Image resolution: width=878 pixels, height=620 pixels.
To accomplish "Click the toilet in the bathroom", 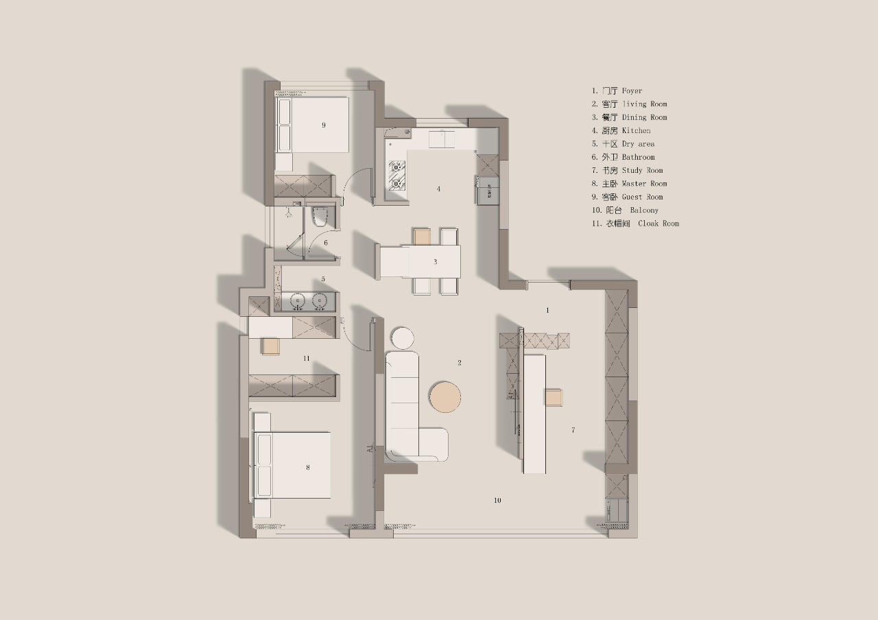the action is pyautogui.click(x=320, y=217).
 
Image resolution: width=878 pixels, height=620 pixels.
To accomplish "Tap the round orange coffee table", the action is pyautogui.click(x=445, y=396).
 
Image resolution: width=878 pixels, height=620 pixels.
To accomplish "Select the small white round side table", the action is pyautogui.click(x=402, y=338).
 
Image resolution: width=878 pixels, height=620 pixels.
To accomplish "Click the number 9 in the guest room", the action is pyautogui.click(x=323, y=125).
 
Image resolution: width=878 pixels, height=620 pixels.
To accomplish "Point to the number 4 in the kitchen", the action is pyautogui.click(x=438, y=189).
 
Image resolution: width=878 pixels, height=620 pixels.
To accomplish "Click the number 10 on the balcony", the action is pyautogui.click(x=497, y=500).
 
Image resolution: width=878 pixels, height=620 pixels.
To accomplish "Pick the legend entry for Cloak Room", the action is pyautogui.click(x=635, y=224).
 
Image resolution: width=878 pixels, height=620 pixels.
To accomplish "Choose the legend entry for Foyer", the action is pyautogui.click(x=617, y=91).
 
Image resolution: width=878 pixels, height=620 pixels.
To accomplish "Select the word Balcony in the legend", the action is pyautogui.click(x=644, y=210).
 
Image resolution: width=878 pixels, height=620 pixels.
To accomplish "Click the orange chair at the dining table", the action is pyautogui.click(x=422, y=237).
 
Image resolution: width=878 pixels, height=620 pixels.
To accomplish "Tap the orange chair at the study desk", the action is pyautogui.click(x=554, y=397).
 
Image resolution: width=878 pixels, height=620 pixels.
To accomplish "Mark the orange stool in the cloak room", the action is pyautogui.click(x=270, y=347).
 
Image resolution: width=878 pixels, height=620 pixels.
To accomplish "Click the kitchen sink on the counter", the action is pyautogui.click(x=441, y=139).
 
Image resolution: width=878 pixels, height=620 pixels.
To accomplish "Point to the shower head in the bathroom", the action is pyautogui.click(x=289, y=213).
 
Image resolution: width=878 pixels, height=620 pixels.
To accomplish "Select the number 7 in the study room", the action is pyautogui.click(x=573, y=430).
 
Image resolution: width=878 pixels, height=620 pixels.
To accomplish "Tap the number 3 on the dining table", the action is pyautogui.click(x=435, y=262).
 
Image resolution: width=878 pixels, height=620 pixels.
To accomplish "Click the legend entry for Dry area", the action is pyautogui.click(x=624, y=144).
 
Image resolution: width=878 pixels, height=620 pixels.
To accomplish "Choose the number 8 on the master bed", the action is pyautogui.click(x=308, y=467).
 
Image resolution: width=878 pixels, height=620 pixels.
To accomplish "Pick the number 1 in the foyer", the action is pyautogui.click(x=547, y=310).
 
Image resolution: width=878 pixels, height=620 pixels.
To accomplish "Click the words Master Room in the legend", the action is pyautogui.click(x=644, y=183).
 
